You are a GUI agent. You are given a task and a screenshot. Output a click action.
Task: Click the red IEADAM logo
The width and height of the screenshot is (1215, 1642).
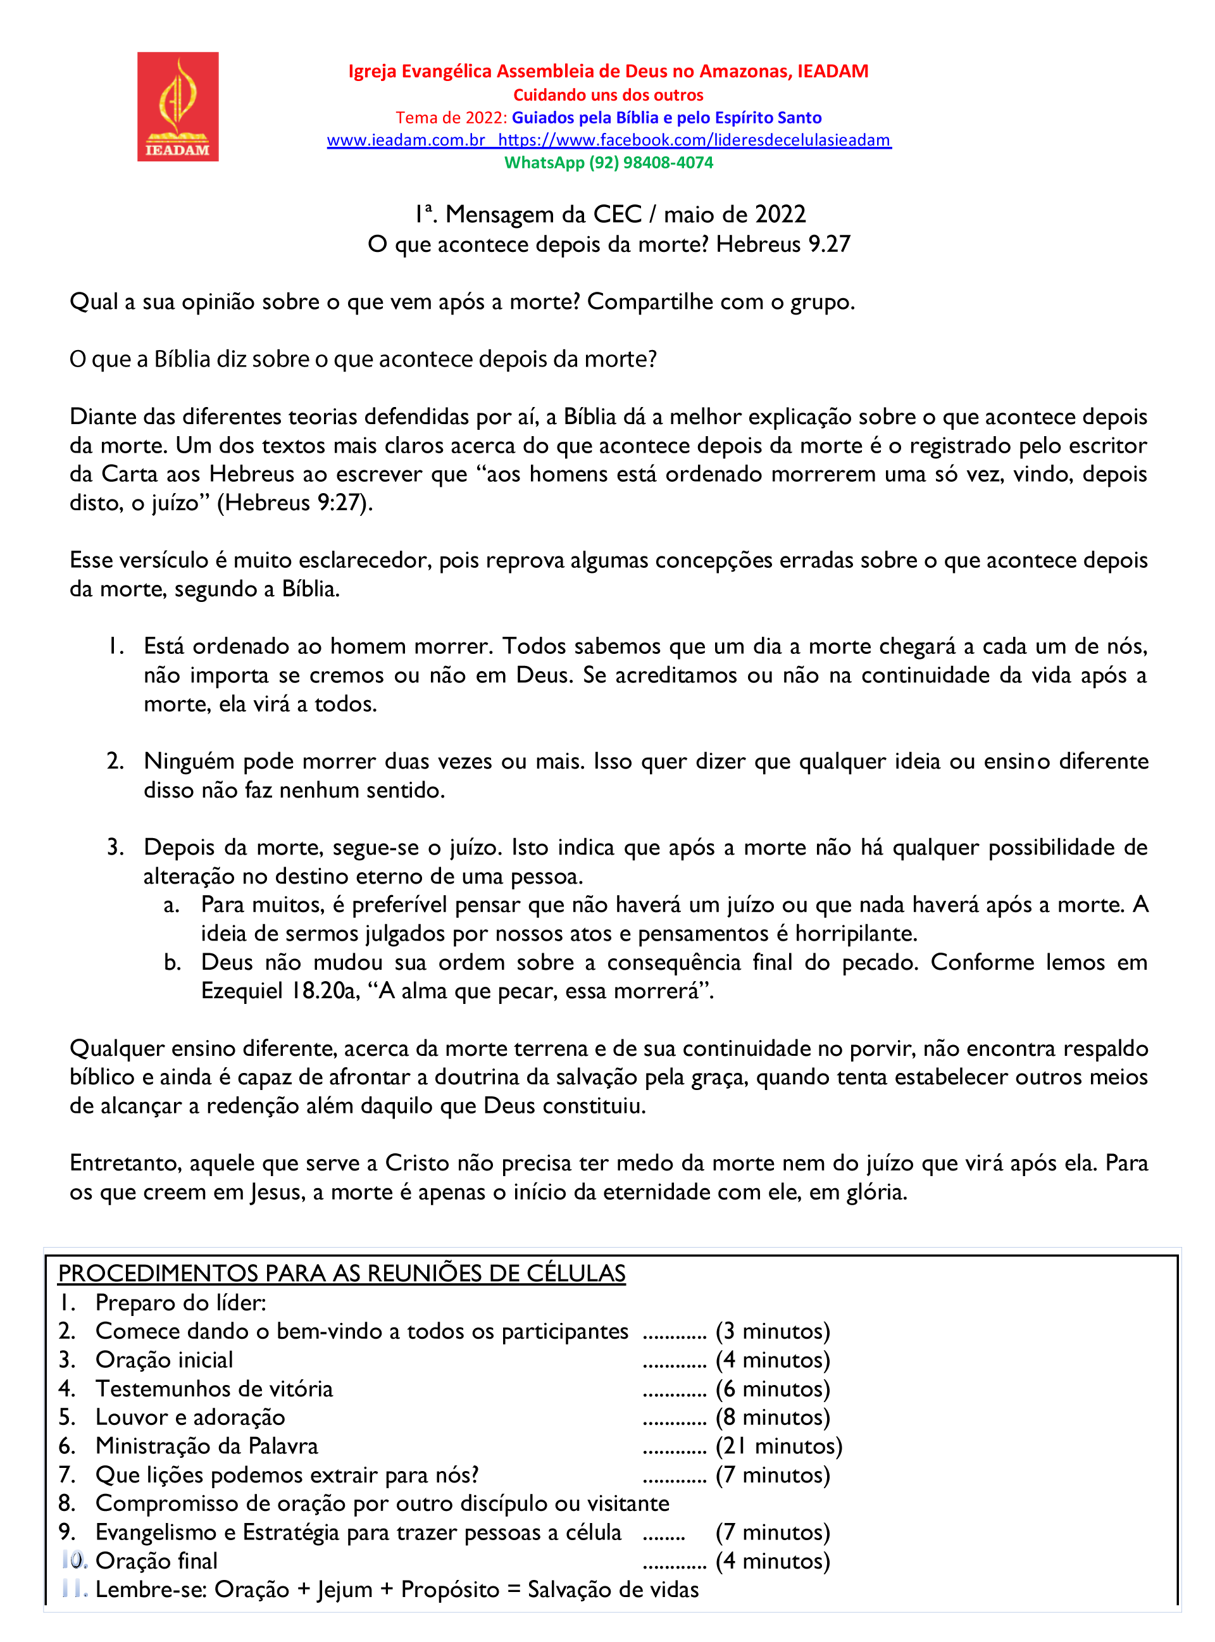click(177, 107)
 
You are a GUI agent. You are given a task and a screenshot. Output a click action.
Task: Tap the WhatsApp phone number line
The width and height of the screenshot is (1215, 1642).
click(608, 163)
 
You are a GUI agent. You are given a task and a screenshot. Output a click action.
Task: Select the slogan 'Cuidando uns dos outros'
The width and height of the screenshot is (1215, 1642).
click(608, 95)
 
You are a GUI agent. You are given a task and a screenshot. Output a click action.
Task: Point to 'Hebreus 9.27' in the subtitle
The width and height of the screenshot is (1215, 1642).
click(783, 244)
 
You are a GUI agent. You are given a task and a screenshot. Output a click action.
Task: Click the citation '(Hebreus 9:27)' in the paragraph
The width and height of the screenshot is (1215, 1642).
click(295, 503)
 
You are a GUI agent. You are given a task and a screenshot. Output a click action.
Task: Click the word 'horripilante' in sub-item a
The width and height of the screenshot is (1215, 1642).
click(856, 934)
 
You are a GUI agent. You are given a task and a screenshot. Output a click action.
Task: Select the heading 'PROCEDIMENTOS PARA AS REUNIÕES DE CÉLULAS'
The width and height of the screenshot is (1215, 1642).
click(342, 1274)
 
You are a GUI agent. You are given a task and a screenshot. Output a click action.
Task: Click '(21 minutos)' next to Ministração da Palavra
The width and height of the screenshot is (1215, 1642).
click(779, 1446)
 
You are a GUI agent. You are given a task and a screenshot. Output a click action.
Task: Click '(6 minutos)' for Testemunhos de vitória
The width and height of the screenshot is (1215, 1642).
click(772, 1389)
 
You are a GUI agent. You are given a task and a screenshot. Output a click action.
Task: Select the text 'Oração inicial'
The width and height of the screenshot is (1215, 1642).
click(164, 1360)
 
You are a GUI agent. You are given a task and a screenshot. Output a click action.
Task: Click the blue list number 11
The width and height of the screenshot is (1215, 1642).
click(74, 1589)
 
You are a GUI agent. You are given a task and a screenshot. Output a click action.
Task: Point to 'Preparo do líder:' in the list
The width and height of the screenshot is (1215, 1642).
click(181, 1303)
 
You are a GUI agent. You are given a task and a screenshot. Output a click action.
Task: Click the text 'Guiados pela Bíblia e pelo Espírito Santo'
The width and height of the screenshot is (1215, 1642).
click(666, 118)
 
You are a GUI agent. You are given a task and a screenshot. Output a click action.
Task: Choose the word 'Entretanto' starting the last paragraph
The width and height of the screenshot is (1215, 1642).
click(126, 1163)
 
